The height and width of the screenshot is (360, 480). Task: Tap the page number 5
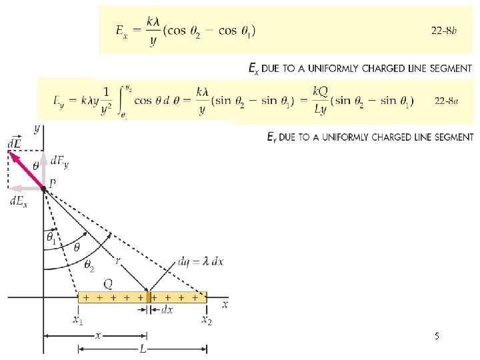pos(436,337)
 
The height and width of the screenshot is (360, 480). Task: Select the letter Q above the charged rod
pos(107,283)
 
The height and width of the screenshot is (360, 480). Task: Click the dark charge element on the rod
pos(149,297)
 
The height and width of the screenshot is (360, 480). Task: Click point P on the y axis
pos(43,189)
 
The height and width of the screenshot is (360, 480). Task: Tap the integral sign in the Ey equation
pos(120,101)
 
